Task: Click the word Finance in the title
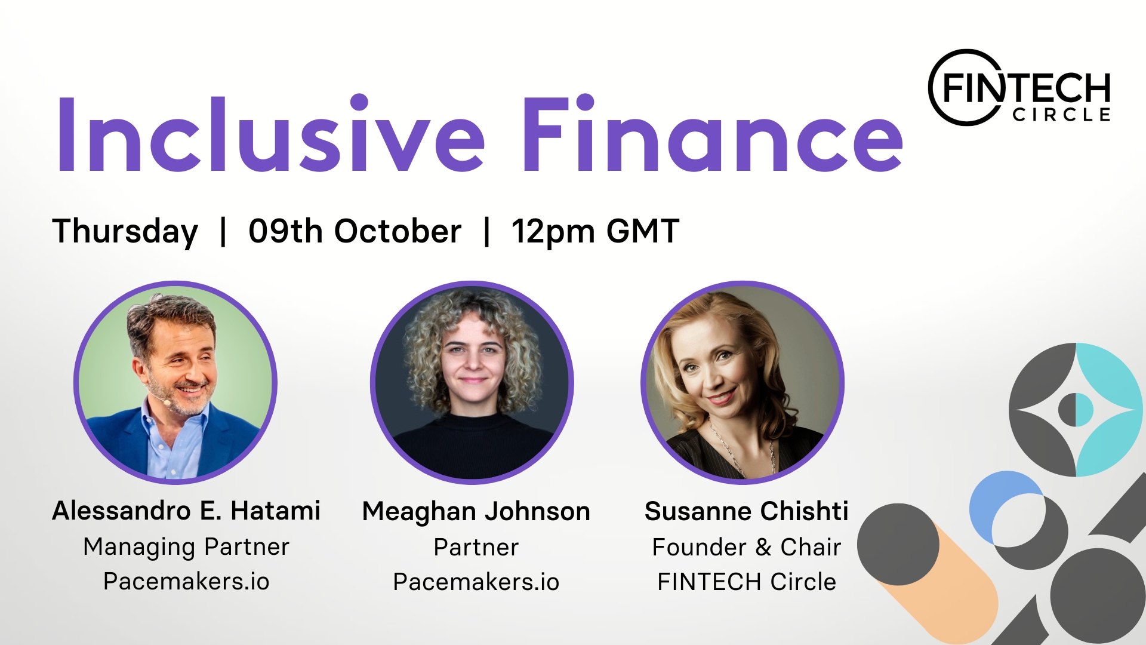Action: [713, 135]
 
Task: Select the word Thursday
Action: [125, 231]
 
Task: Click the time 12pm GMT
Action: [595, 231]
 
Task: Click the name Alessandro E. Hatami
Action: [186, 511]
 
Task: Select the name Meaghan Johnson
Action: [476, 512]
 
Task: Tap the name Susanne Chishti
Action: [746, 511]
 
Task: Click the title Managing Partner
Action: [186, 547]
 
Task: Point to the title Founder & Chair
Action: [746, 547]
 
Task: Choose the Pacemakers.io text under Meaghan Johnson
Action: [476, 582]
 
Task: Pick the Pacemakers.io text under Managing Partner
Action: [186, 581]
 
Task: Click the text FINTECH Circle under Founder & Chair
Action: [746, 582]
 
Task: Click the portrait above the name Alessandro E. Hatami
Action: [175, 382]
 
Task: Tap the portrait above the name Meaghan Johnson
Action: [472, 382]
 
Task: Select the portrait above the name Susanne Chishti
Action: [743, 382]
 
